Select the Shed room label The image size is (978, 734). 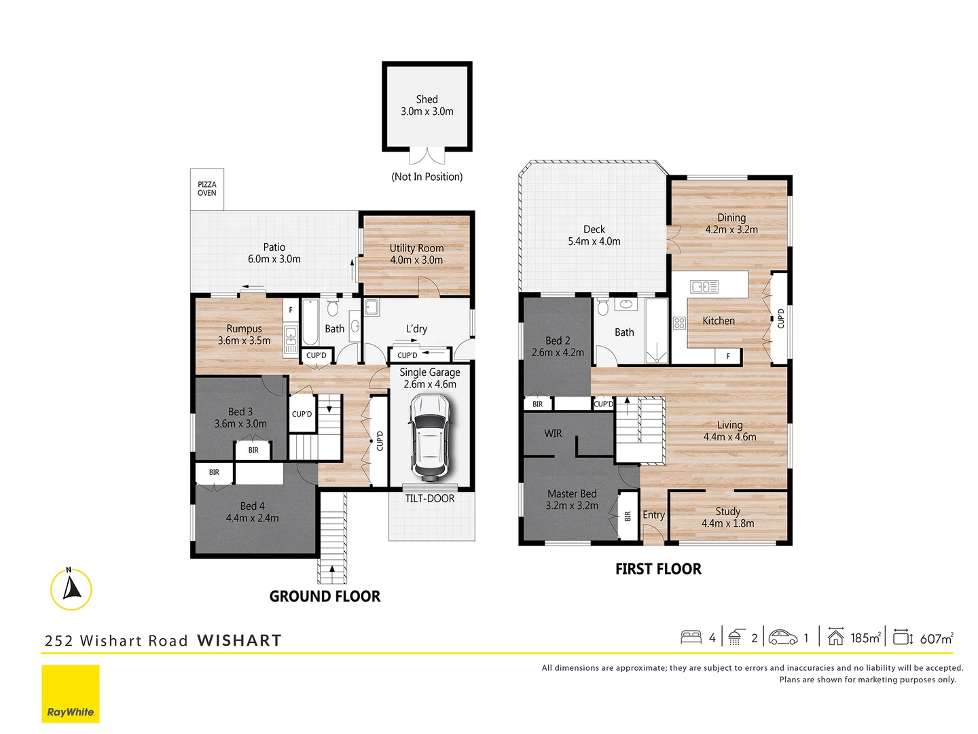[x=427, y=99]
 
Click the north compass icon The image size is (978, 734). [x=71, y=589]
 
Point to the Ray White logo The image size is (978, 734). [x=71, y=693]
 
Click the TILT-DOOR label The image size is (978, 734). [x=430, y=498]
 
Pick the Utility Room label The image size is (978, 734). [x=416, y=248]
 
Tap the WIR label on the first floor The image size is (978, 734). [x=553, y=434]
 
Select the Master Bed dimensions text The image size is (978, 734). [x=572, y=506]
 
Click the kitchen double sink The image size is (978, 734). [x=704, y=287]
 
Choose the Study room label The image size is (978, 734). [x=727, y=511]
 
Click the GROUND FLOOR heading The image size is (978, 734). [x=325, y=596]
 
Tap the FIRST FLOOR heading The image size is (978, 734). [x=658, y=569]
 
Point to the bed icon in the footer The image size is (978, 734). [x=691, y=637]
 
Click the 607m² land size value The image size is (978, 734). [x=937, y=638]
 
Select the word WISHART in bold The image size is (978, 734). [x=239, y=640]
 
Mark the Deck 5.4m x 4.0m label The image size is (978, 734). [x=594, y=235]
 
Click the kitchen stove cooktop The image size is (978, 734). [x=679, y=323]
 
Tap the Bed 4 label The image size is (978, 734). [x=252, y=506]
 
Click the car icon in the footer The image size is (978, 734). [x=783, y=637]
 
